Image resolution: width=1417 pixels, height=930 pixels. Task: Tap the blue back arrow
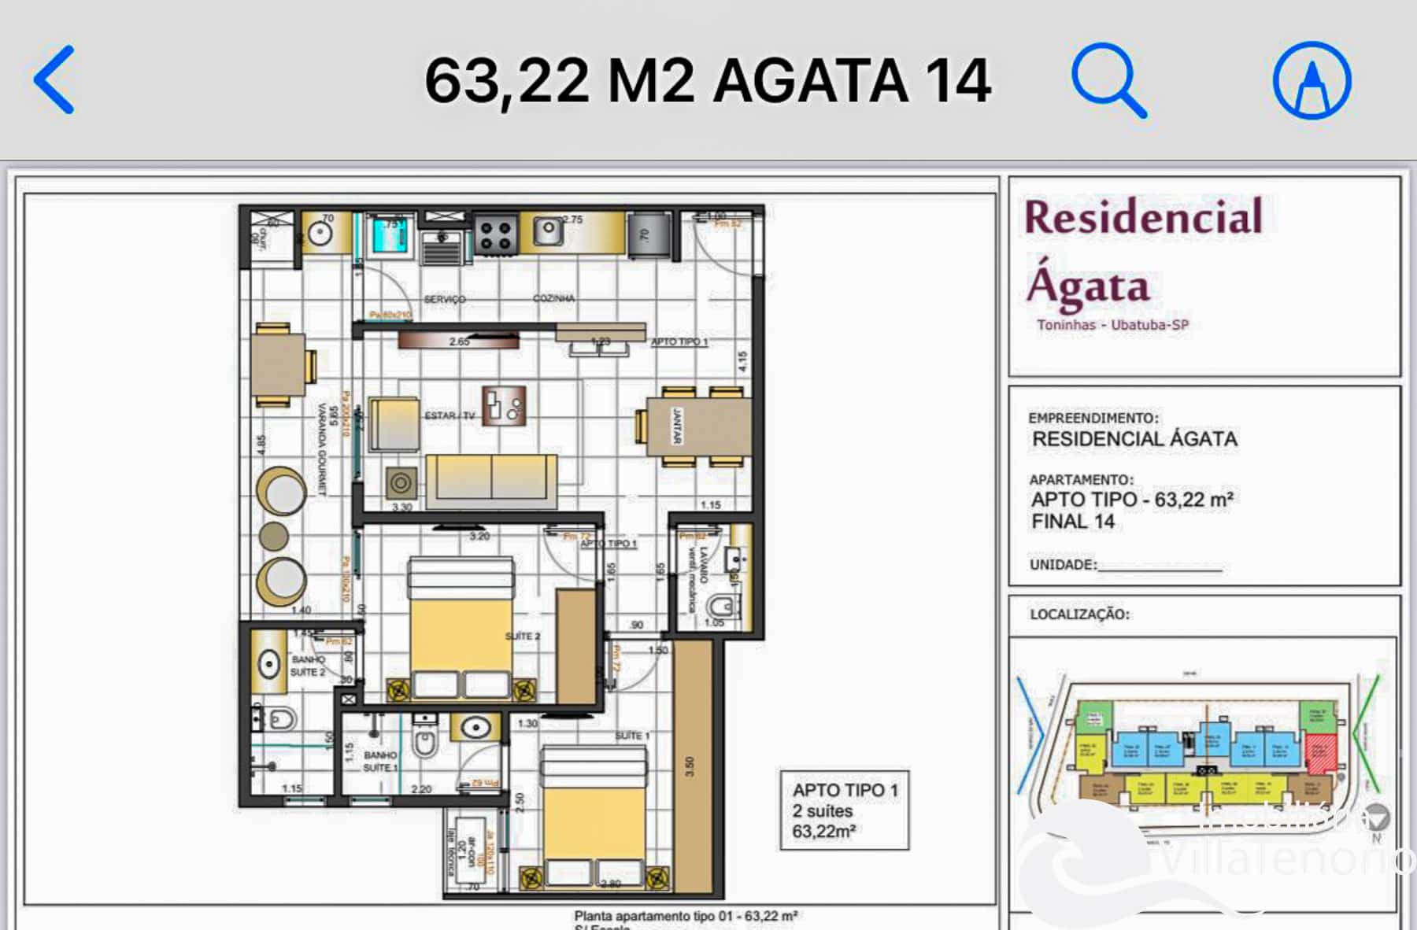pos(55,79)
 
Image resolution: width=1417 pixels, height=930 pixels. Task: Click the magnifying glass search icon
pos(1108,79)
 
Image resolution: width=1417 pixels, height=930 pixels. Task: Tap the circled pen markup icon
pos(1312,80)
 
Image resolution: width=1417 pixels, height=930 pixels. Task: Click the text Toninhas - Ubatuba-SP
pos(1112,325)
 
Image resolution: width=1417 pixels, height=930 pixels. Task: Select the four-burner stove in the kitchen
pos(496,234)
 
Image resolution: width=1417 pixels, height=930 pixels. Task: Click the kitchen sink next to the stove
pos(548,231)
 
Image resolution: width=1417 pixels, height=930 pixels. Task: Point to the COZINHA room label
pos(553,298)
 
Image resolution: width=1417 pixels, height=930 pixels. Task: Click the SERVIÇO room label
pos(445,299)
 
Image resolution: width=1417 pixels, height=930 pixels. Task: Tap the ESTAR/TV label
pos(450,415)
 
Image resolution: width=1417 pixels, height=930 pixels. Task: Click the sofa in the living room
pos(490,479)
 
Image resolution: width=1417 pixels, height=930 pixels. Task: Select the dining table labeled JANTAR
pos(697,426)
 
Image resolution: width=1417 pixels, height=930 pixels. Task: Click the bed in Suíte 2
pos(461,629)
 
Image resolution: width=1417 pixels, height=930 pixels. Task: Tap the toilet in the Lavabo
pos(722,607)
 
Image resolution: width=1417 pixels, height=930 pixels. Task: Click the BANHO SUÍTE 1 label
pos(380,761)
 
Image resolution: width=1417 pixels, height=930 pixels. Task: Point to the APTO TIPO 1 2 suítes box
pos(844,810)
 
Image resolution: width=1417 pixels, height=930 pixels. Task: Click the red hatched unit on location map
pos(1321,753)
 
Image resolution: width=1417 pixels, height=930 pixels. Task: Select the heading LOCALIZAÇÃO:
pos(1079,614)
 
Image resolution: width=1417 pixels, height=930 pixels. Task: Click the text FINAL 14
pos(1073,522)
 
